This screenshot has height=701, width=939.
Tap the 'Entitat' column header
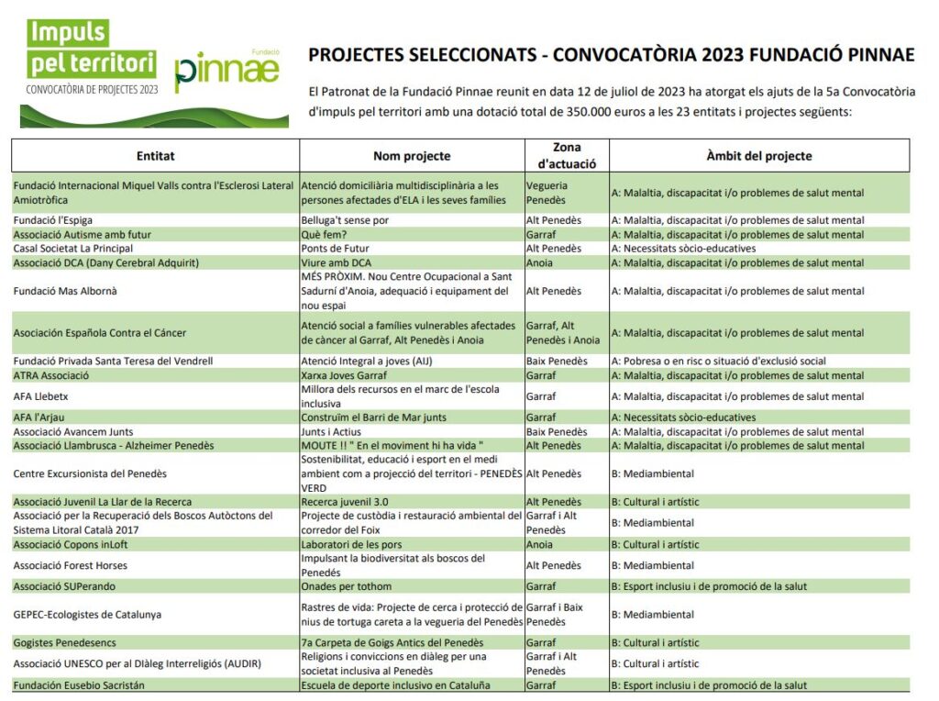click(x=155, y=156)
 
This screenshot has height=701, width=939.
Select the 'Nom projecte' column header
click(x=412, y=156)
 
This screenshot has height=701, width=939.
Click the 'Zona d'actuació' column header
click(x=567, y=156)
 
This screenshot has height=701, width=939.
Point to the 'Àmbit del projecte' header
click(x=758, y=156)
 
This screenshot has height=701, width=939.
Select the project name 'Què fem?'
click(x=322, y=235)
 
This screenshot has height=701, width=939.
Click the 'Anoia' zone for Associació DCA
click(x=540, y=263)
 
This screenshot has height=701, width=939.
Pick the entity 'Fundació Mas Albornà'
click(x=65, y=292)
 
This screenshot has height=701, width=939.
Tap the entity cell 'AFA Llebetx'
click(x=41, y=396)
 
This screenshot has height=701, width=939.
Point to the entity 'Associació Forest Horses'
click(x=71, y=565)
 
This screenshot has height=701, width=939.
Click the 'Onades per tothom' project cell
click(x=346, y=586)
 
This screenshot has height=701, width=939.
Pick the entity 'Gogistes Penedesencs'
click(x=64, y=643)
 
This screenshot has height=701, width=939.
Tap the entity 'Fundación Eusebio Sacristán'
click(x=79, y=685)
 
